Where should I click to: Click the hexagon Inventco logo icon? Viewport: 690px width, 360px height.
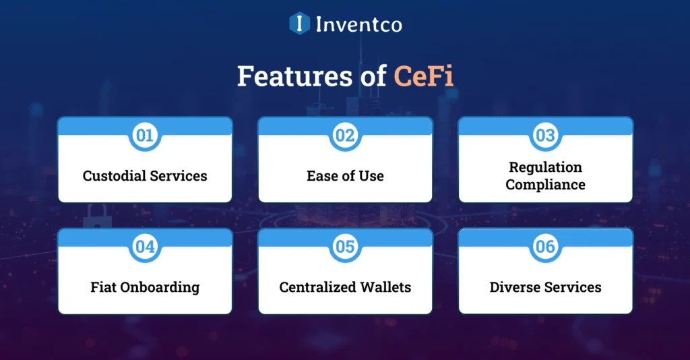click(299, 24)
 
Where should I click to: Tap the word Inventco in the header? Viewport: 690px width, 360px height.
click(358, 24)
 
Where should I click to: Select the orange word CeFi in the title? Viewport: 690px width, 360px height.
click(424, 77)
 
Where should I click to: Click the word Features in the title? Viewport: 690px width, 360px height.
click(284, 77)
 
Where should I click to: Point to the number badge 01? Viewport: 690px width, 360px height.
click(145, 136)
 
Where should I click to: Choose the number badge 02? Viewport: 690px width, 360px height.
click(345, 136)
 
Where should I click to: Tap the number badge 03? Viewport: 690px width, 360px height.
click(545, 136)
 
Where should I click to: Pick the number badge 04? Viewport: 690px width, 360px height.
click(145, 247)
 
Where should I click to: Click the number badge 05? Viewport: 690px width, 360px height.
click(345, 247)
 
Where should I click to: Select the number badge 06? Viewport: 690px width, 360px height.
click(545, 247)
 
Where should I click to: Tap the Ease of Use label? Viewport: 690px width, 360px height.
click(345, 176)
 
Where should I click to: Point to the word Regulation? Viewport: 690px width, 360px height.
click(545, 167)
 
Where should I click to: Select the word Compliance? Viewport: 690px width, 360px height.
click(545, 185)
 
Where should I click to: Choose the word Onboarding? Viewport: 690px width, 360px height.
click(160, 288)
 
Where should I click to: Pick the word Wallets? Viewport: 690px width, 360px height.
click(387, 287)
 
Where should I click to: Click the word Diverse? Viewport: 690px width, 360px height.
click(515, 287)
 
